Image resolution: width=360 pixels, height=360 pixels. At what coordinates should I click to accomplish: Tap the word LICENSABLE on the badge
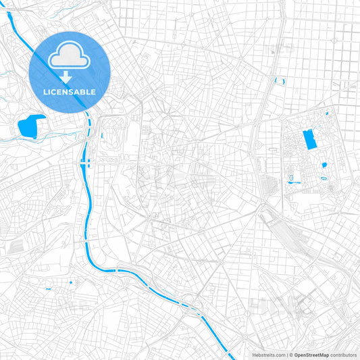point(70,91)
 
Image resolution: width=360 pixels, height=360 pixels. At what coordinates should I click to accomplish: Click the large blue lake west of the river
point(30,126)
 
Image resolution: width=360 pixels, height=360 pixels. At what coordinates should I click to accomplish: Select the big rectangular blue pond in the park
point(310,139)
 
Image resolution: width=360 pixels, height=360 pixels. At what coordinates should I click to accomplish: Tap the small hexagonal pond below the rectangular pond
point(324,164)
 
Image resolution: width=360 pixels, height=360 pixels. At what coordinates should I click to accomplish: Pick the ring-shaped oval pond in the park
point(324,178)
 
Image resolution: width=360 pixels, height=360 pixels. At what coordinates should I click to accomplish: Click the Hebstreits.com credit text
point(268,355)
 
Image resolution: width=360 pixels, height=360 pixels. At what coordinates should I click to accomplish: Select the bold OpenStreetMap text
point(311,355)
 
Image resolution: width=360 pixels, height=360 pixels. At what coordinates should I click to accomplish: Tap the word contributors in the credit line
point(344,355)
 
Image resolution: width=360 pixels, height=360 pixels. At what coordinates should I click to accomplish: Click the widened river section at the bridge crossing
point(84,163)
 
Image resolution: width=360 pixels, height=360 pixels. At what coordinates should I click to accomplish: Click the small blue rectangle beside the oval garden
point(102,135)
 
